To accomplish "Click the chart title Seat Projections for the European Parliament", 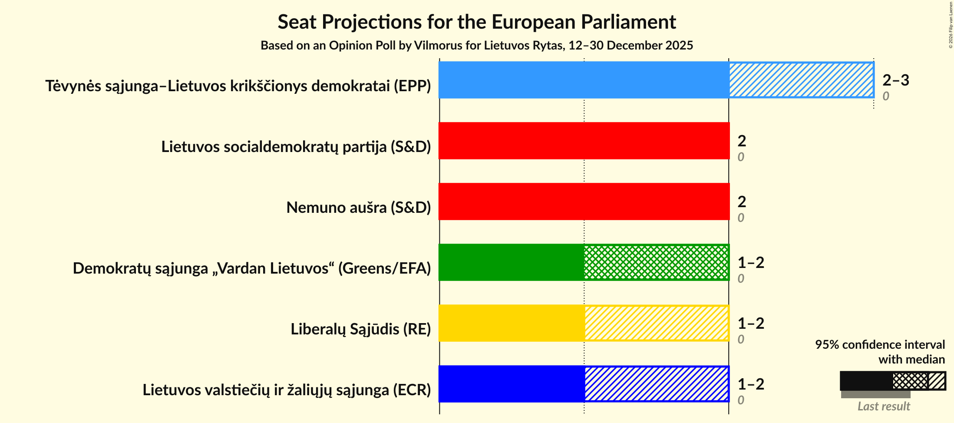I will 477,22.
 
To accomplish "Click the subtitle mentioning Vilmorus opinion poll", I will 477,46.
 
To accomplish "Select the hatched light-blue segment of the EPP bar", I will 801,80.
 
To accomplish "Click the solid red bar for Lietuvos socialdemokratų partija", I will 584,141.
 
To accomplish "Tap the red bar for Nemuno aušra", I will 584,202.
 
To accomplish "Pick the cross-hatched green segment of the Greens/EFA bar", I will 657,262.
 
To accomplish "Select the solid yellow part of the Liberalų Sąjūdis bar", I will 512,323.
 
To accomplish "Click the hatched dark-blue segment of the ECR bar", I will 657,384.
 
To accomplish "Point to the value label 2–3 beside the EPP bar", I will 895,80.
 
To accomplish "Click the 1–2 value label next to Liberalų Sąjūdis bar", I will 751,324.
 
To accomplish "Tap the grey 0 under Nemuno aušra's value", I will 741,218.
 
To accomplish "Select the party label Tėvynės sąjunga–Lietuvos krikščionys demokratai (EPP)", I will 238,86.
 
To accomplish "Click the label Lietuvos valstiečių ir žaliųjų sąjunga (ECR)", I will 287,390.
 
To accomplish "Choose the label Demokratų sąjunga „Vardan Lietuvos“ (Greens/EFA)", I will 252,268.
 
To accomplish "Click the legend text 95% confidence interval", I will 880,344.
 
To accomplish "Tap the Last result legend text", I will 883,406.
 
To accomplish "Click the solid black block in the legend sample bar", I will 866,381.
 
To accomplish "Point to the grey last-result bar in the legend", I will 875,395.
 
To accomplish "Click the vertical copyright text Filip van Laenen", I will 951,25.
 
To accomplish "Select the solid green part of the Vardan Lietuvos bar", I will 512,262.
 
